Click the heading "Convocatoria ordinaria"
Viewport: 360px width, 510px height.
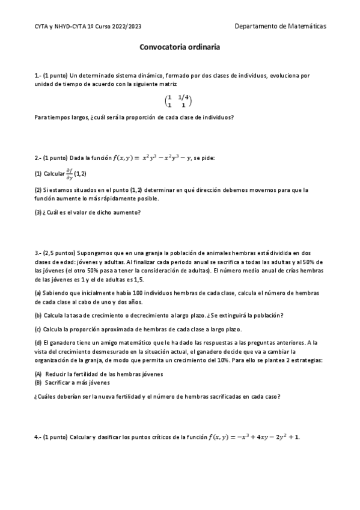[180, 46]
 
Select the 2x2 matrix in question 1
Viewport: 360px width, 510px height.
[179, 101]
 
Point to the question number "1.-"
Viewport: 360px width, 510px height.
[38, 75]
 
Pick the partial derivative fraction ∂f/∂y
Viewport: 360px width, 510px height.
[69, 173]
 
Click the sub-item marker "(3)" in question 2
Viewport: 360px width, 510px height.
[38, 212]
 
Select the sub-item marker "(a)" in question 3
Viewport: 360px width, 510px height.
[38, 292]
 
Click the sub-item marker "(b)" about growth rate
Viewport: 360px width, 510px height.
[38, 316]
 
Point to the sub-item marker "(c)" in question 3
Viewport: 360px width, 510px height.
[38, 329]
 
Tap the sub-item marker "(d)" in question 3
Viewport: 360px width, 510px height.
[38, 342]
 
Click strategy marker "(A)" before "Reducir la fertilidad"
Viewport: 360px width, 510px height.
[38, 373]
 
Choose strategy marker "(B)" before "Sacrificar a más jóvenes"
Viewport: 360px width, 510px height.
[38, 382]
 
